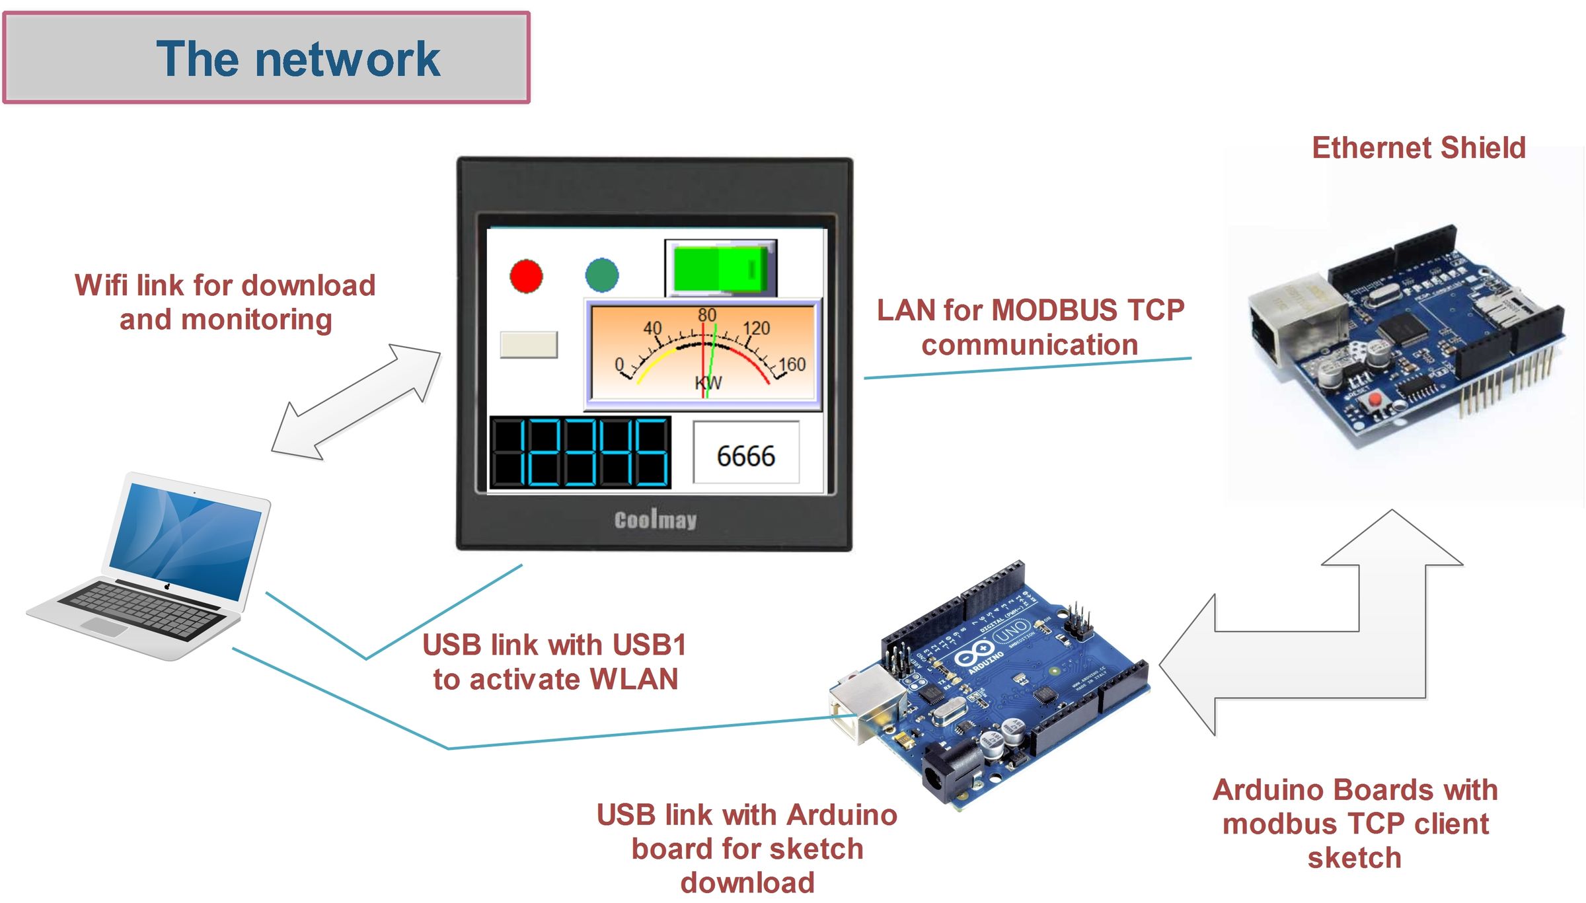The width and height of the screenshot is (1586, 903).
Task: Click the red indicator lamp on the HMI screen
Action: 526,275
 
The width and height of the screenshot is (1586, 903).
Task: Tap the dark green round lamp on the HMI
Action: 601,275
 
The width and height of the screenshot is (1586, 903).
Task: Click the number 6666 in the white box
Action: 745,456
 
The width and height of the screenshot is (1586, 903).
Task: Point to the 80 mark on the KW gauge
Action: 706,315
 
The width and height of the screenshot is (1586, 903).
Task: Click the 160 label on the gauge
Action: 792,364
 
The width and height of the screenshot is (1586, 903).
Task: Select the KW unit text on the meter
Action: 708,383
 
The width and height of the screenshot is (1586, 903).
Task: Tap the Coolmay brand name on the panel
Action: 655,520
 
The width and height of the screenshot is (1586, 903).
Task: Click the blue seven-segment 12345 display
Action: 580,452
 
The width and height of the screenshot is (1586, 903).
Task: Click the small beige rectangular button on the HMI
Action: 529,345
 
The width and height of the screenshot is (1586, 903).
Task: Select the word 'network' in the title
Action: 348,59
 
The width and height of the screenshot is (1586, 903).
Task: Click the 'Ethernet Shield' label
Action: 1418,147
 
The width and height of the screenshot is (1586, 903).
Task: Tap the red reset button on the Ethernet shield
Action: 1375,399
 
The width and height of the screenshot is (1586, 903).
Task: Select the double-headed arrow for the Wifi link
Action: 356,401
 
